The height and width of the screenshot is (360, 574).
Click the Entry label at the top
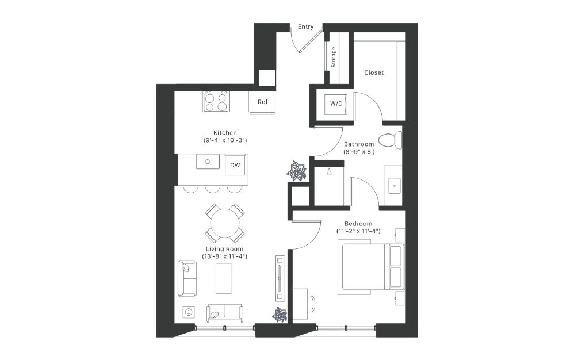point(305,26)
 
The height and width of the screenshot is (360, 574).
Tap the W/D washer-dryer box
point(336,104)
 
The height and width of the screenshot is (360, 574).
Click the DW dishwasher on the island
point(235,166)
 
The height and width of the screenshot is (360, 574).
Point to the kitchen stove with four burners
point(217,102)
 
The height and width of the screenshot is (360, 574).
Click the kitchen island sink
point(208,162)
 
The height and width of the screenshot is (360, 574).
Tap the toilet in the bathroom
point(390,141)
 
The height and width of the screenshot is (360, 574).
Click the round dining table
point(225,223)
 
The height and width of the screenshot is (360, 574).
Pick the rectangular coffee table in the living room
point(223,278)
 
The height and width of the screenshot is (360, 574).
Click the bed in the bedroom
point(371,267)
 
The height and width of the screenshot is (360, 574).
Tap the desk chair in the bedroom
point(312,304)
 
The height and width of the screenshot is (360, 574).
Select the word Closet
point(374,73)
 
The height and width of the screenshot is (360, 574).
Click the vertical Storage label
point(333,58)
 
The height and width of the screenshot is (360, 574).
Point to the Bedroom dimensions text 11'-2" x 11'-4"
point(358,231)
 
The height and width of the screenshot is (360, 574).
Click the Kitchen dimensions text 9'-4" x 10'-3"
point(225,140)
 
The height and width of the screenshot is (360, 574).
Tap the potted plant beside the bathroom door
point(297,171)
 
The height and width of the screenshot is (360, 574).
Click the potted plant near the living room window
point(280,315)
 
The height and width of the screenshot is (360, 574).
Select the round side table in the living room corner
point(189,312)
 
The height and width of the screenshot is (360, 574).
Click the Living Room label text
point(224,249)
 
